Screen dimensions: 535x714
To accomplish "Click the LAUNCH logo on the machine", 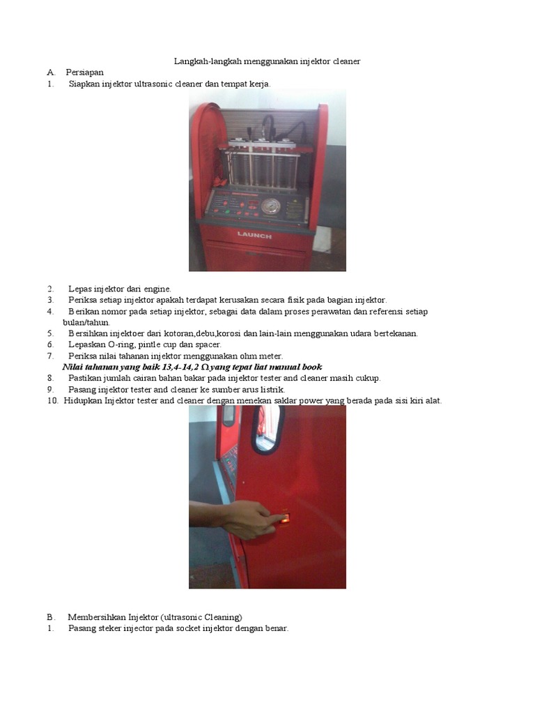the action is coord(254,236).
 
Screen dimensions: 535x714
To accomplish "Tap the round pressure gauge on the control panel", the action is coord(271,206).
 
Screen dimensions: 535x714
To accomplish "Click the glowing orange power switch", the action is coord(284,518).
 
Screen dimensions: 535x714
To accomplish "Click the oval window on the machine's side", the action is coord(266,429).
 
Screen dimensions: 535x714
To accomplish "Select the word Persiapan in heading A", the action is coord(84,73).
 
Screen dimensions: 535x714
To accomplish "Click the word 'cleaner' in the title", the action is coord(347,61).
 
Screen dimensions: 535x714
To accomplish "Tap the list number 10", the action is coord(53,401).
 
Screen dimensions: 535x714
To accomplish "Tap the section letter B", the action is coord(50,618).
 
